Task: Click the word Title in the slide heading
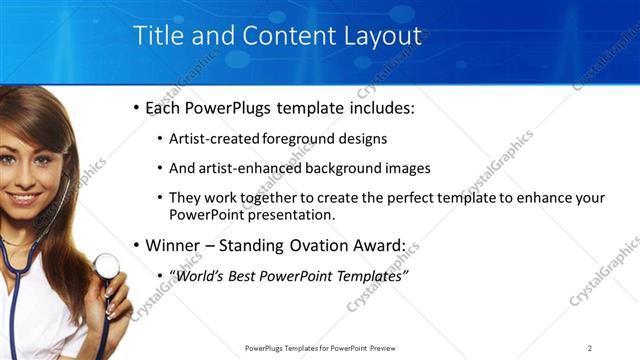click(158, 36)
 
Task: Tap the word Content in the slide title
click(285, 36)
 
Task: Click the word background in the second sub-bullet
click(347, 168)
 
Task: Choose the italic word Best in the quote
click(250, 275)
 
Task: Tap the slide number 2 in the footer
click(590, 348)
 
